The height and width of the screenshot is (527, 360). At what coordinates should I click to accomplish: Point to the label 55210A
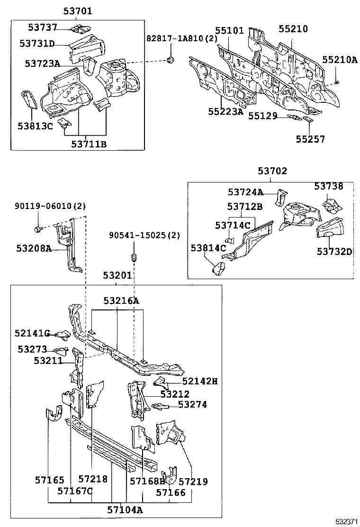(x=340, y=60)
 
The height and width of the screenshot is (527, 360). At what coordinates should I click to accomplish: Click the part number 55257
(x=311, y=139)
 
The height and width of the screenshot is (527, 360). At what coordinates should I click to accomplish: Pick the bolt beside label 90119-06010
(x=37, y=229)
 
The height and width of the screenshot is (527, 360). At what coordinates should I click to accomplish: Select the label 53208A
(x=34, y=248)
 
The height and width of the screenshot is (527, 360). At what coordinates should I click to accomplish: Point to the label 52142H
(x=199, y=381)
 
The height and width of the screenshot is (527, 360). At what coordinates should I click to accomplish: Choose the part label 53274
(x=192, y=405)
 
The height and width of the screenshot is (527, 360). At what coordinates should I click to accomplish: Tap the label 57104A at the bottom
(x=124, y=510)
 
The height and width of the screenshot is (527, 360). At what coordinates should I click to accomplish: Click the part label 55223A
(x=225, y=112)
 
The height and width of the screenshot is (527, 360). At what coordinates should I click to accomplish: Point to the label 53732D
(x=334, y=252)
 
